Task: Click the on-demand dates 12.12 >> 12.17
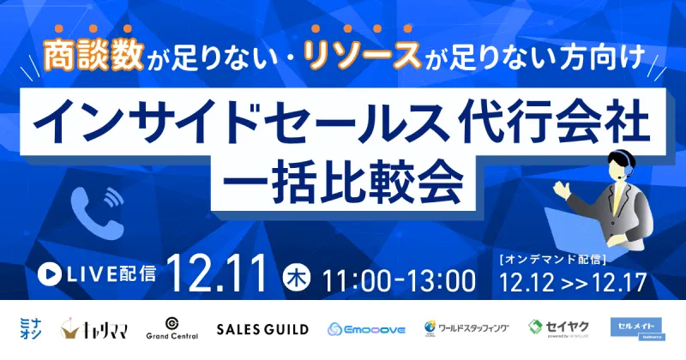tap(570, 281)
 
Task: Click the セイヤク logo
tap(557, 328)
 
